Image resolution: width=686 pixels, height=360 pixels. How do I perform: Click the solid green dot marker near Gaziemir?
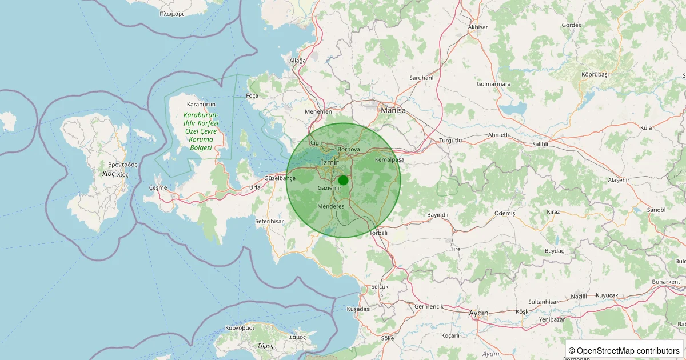click(343, 180)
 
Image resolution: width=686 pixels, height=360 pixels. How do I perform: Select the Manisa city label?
click(393, 110)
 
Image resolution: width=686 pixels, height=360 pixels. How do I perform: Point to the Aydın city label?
click(478, 313)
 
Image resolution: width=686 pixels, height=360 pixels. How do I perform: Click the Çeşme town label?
click(158, 188)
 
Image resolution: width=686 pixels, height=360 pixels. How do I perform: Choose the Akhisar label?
click(478, 27)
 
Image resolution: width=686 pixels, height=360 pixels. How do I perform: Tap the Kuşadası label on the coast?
click(358, 309)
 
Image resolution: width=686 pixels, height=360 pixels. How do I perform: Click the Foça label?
click(252, 96)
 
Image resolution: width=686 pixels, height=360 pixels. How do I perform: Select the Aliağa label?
click(298, 61)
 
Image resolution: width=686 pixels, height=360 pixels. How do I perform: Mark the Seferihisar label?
click(269, 221)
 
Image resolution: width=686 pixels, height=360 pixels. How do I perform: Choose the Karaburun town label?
click(201, 105)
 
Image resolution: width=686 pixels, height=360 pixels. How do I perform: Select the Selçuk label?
click(380, 286)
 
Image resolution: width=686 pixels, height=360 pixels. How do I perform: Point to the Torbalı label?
click(378, 233)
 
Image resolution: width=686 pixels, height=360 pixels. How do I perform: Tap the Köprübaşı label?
click(595, 75)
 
